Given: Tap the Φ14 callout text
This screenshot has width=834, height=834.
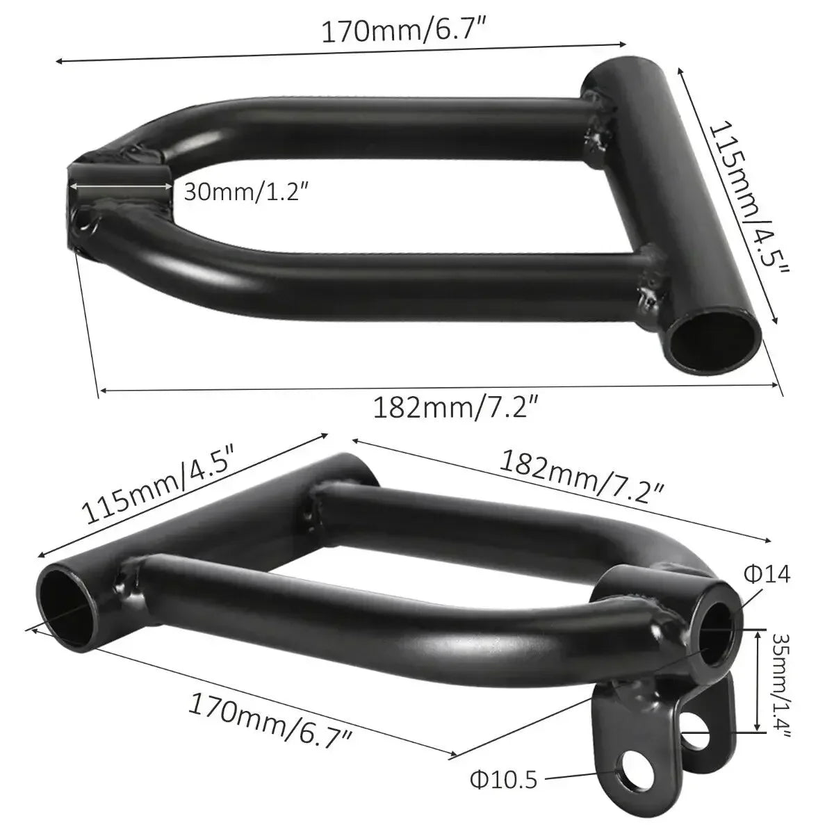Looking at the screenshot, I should pos(767,574).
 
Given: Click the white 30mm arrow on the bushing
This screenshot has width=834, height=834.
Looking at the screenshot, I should pos(120,186).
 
